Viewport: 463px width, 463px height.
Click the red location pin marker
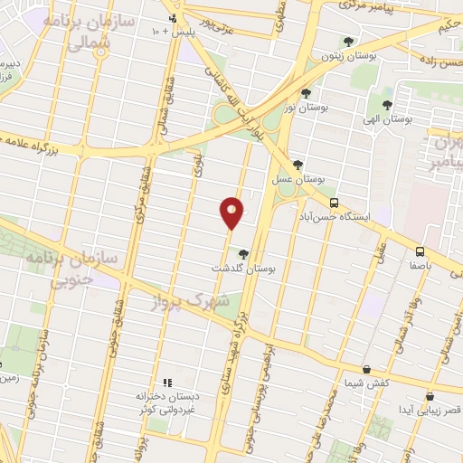232,212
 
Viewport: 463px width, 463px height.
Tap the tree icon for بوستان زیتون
349,41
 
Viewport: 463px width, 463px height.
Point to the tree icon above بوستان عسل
298,164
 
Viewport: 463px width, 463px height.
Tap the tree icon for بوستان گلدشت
243,253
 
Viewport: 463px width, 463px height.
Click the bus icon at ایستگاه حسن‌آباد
334,203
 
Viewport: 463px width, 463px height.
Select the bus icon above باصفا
420,251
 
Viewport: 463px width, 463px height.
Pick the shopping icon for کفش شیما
365,369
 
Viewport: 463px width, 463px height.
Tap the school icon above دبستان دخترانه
165,383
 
